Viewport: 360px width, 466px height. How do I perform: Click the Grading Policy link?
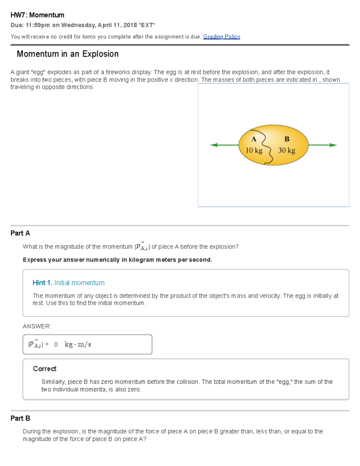click(221, 37)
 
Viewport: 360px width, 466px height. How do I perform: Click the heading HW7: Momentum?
click(37, 15)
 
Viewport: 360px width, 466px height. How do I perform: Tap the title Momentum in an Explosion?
click(67, 54)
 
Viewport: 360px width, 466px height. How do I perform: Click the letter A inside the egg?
click(254, 139)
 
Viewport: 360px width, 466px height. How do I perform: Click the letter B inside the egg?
click(287, 139)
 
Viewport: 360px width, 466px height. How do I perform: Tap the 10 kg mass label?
click(254, 150)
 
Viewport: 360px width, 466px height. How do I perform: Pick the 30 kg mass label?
click(286, 150)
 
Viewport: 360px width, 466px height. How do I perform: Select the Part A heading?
click(20, 233)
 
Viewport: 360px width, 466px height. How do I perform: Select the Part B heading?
click(20, 418)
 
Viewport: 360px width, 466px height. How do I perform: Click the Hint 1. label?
click(42, 283)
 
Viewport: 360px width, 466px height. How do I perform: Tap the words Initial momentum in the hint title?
click(79, 283)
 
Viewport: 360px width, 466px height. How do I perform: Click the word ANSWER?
click(37, 326)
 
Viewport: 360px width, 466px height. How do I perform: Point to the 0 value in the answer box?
click(56, 344)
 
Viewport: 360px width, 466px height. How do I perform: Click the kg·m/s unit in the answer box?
click(78, 344)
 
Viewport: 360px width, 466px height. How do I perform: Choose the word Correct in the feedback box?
click(45, 369)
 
